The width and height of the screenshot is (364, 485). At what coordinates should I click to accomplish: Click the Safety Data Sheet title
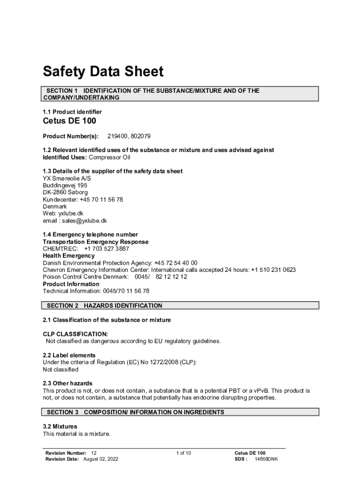tap(103, 72)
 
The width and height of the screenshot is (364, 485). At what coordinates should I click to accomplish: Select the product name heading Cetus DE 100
tap(69, 121)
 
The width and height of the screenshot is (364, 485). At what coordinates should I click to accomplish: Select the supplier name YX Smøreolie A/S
tap(67, 178)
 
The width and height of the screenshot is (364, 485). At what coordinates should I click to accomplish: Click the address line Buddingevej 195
tap(65, 185)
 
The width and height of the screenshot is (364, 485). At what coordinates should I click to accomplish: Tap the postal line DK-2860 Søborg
tap(65, 192)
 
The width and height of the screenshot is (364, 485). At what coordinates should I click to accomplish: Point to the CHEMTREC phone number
tap(106, 249)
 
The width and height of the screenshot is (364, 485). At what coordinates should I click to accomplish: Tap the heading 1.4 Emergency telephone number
tap(90, 234)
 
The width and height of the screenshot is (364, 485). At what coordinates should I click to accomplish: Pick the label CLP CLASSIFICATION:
tap(75, 334)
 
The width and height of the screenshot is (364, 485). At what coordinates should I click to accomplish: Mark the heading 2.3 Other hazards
tap(68, 383)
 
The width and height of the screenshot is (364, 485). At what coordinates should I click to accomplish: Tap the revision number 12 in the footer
tap(94, 453)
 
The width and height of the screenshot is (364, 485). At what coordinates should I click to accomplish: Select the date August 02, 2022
tap(101, 459)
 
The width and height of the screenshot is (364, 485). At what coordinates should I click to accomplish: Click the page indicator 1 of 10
tap(183, 453)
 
